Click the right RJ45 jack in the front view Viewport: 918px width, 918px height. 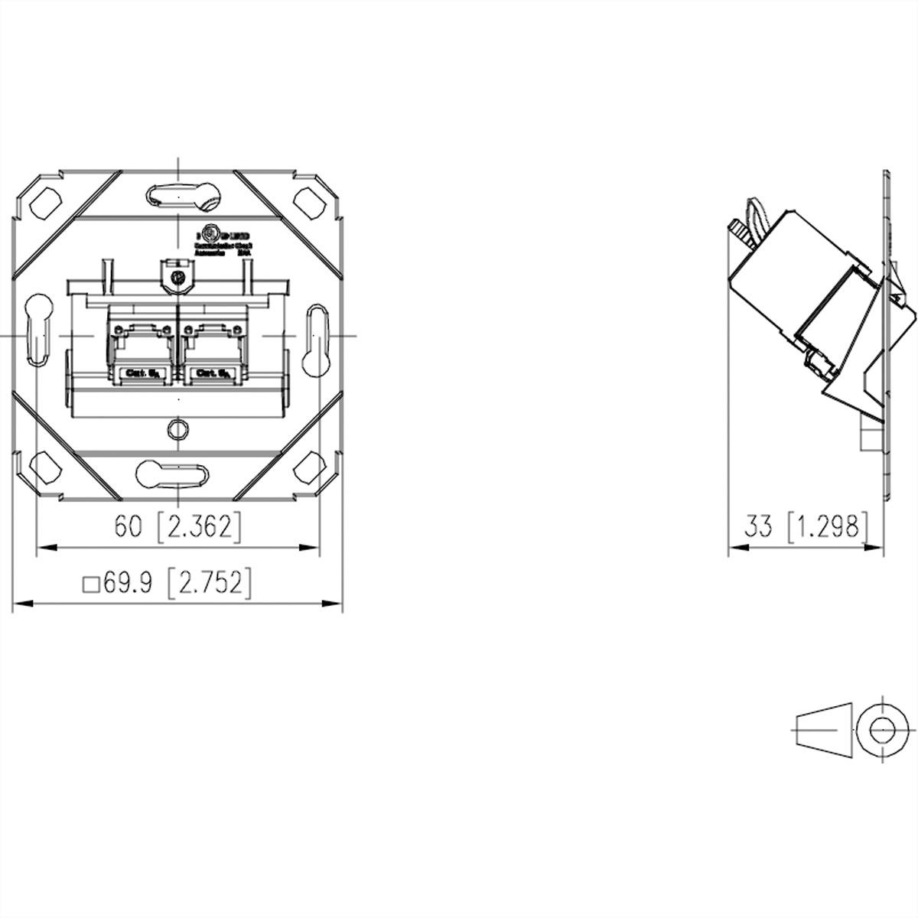click(212, 344)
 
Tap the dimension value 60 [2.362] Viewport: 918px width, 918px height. click(177, 527)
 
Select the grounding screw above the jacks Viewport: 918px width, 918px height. click(177, 277)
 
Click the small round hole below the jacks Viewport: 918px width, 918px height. click(177, 428)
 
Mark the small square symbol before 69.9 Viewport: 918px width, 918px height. click(91, 585)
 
